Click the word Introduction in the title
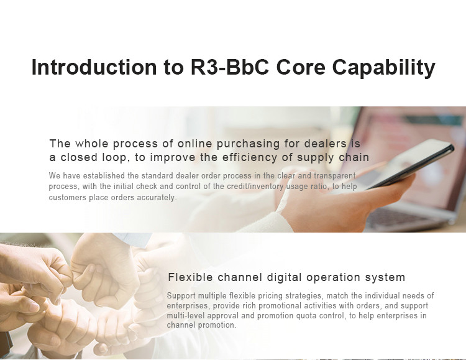pos(94,67)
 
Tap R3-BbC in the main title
pos(229,67)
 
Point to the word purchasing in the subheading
pos(248,144)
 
